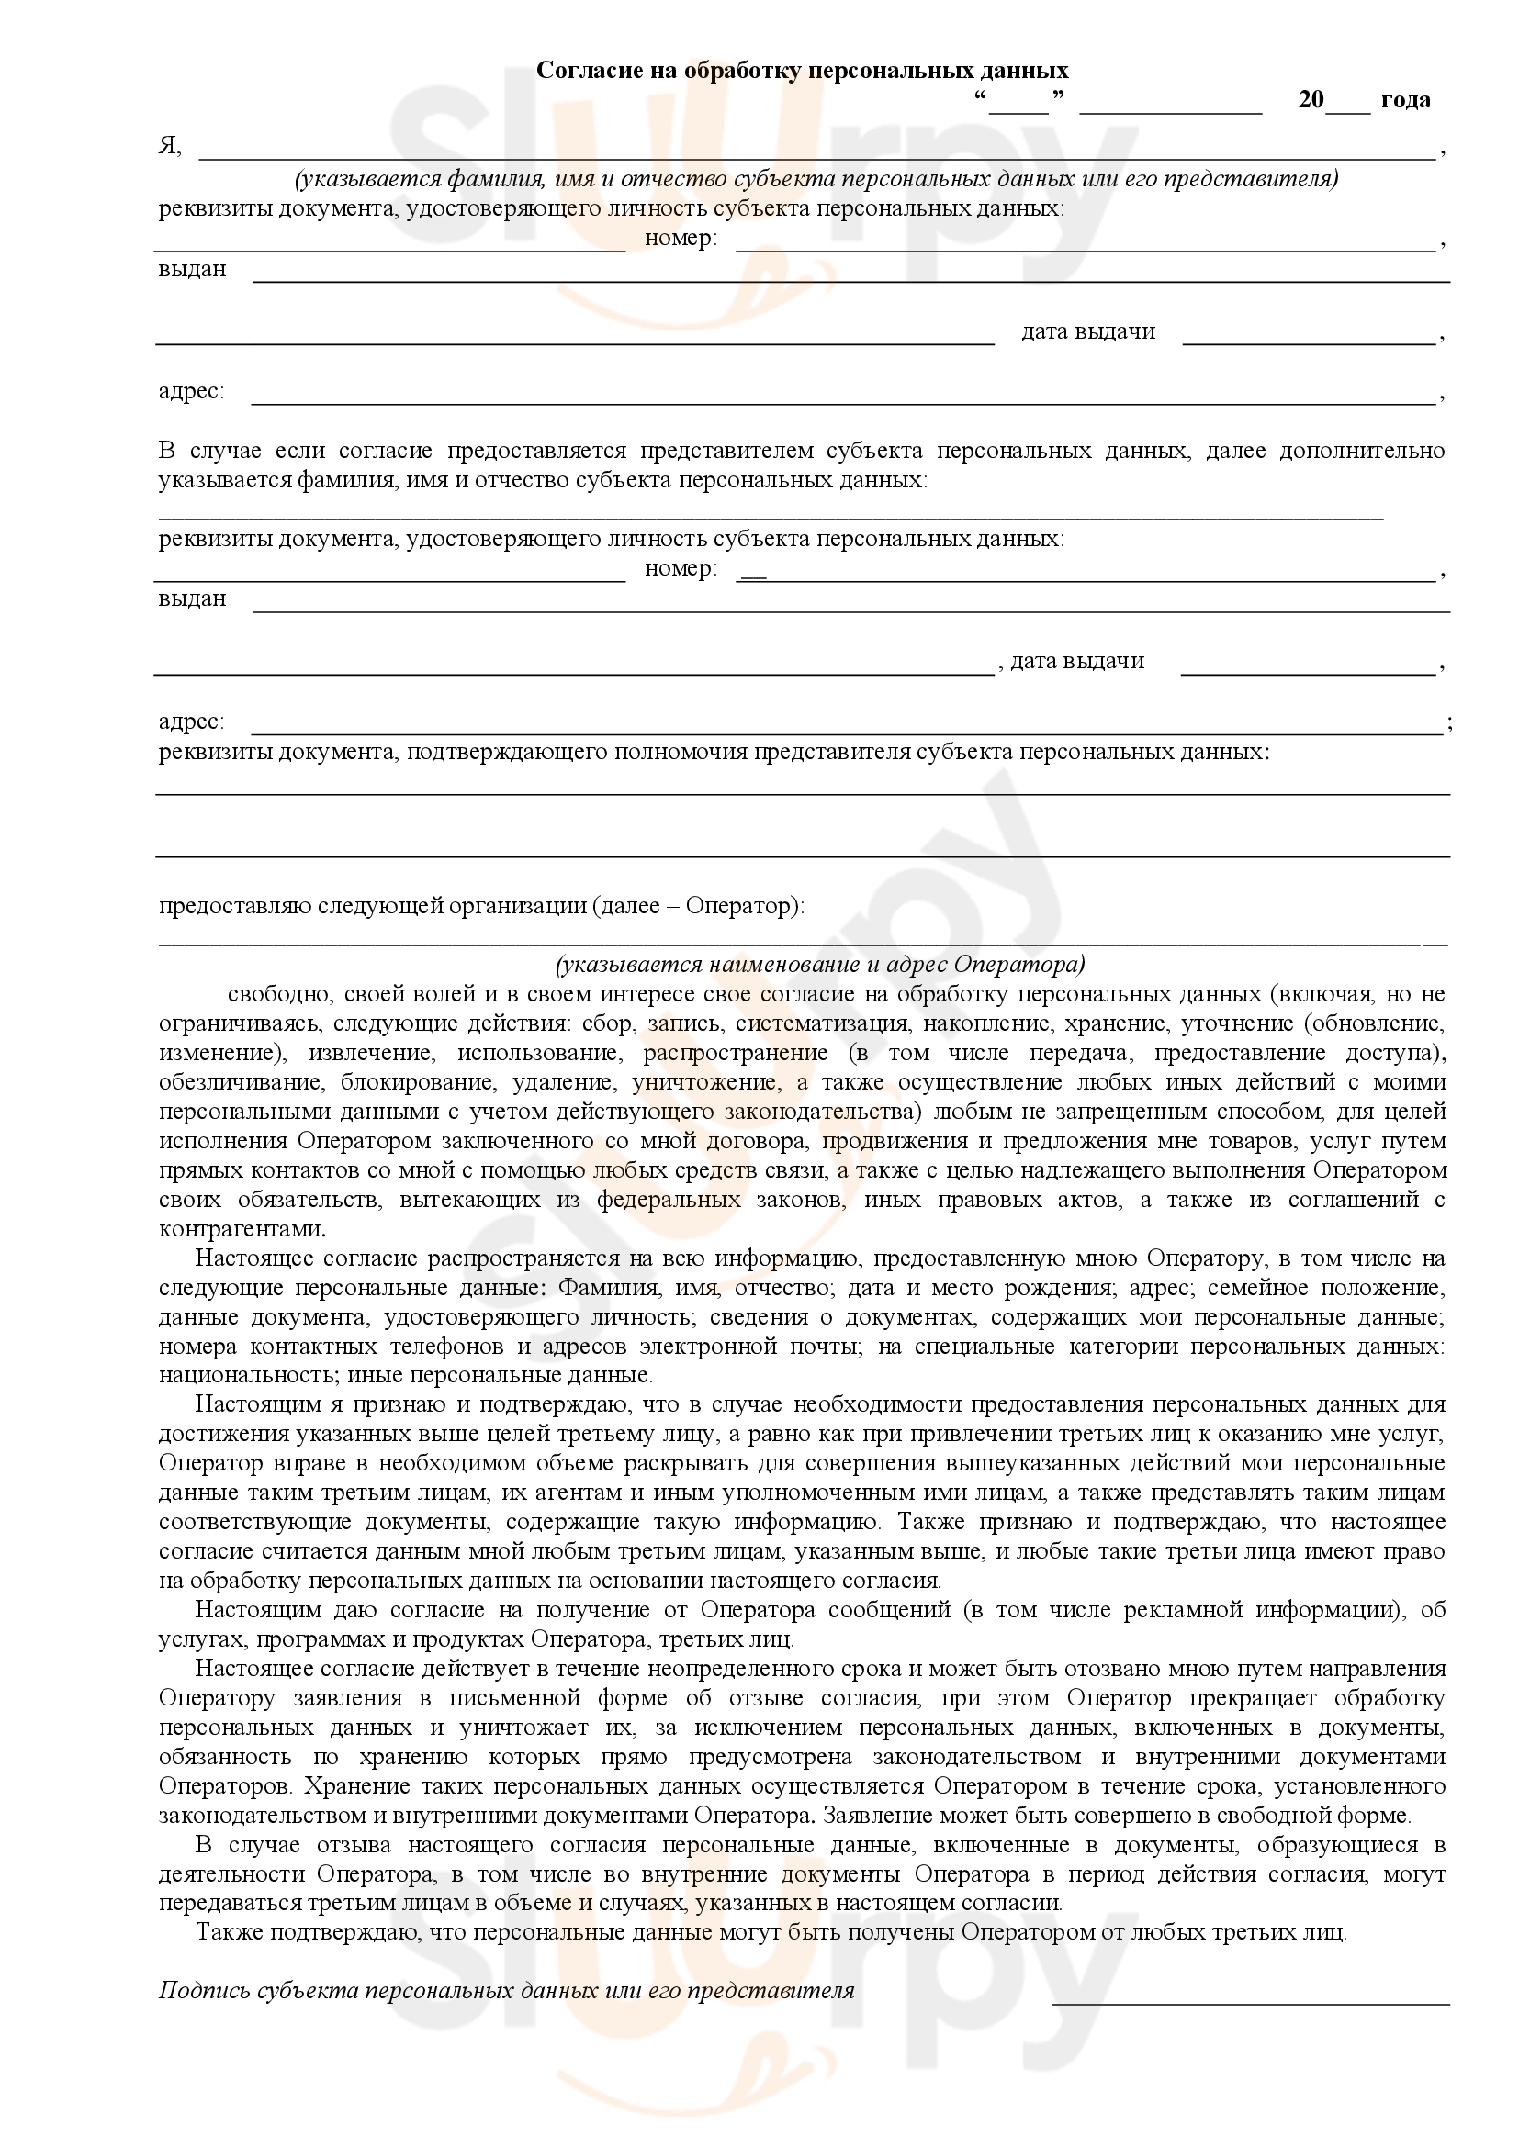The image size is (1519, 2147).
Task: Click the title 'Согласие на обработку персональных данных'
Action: tap(802, 71)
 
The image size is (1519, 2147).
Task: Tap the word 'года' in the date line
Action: tap(1405, 100)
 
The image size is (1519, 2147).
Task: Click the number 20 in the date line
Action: tap(1311, 100)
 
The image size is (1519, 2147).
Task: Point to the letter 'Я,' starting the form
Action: tap(169, 147)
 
